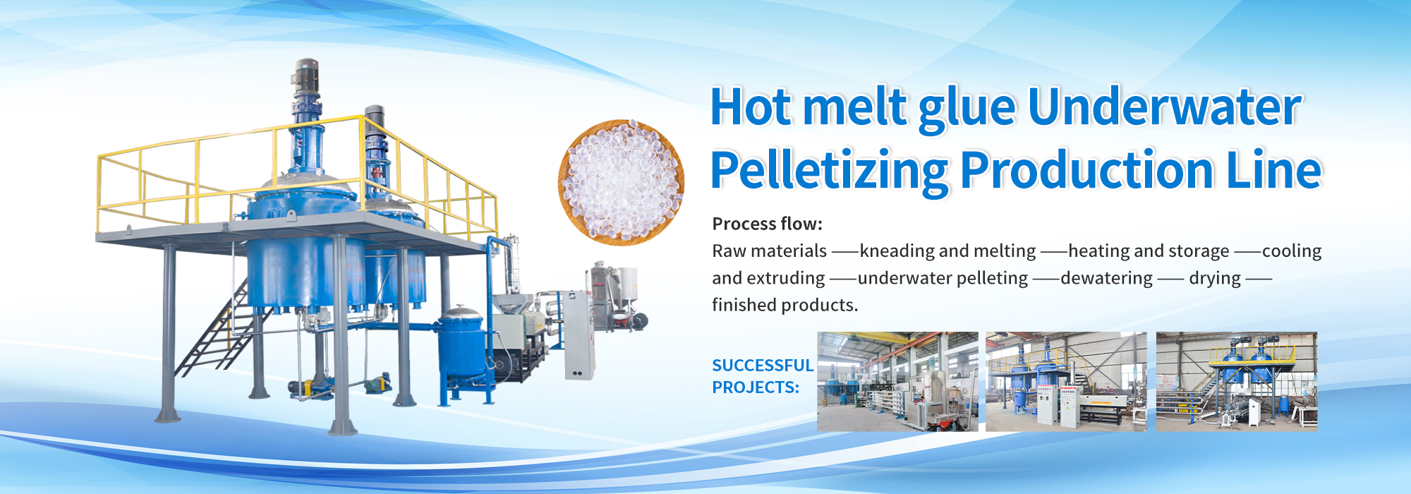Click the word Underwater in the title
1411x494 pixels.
[1164, 107]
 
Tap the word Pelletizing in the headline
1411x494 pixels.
[829, 171]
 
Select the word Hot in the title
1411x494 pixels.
[751, 107]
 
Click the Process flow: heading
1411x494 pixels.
[768, 224]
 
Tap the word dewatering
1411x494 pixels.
[1106, 278]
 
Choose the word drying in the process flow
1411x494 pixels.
[1215, 278]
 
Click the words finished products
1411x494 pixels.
[785, 305]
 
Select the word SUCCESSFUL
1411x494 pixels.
[763, 365]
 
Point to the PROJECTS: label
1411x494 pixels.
[756, 387]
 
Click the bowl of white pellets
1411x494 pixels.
[621, 182]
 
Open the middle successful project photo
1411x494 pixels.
[1066, 381]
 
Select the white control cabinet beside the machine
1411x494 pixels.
[579, 335]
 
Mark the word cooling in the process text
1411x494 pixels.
[1291, 251]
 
